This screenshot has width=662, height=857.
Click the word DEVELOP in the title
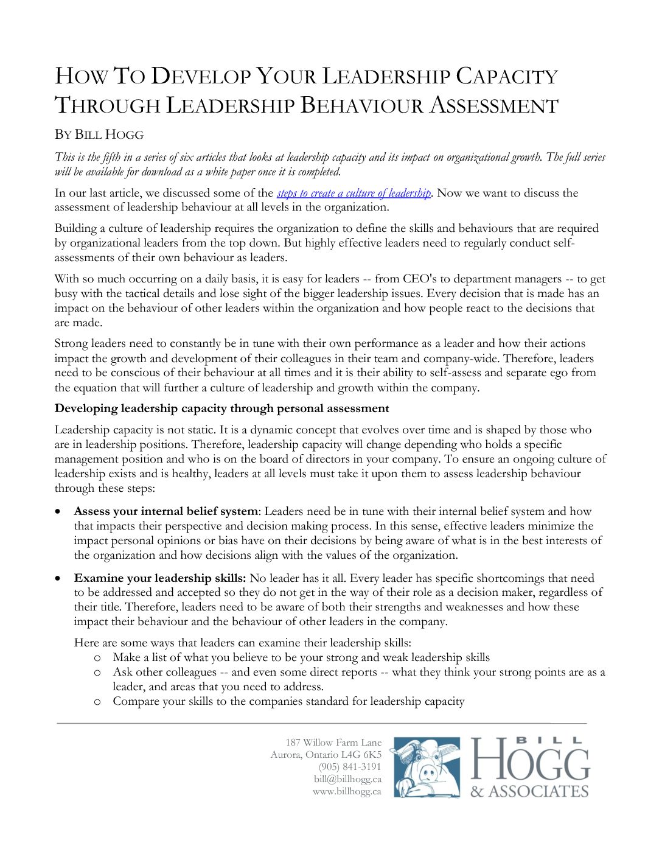point(201,77)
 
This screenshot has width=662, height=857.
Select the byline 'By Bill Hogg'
point(99,135)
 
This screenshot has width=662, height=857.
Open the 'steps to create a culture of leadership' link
point(354,193)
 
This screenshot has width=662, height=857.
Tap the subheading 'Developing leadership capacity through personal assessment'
point(221,408)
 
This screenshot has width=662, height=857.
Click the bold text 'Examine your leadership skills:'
point(160,578)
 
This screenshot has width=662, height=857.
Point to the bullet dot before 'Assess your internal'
point(58,512)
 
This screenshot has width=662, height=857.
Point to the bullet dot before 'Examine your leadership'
point(58,579)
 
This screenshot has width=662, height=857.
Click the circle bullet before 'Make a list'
point(97,658)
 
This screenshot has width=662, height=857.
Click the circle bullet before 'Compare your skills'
point(97,702)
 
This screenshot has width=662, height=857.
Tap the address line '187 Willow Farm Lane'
point(333,743)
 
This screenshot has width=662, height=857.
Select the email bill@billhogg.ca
point(347,779)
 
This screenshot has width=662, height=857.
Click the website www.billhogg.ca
point(347,791)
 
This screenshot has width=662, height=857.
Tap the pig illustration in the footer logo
point(425,768)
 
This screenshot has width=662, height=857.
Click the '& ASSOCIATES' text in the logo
point(529,791)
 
